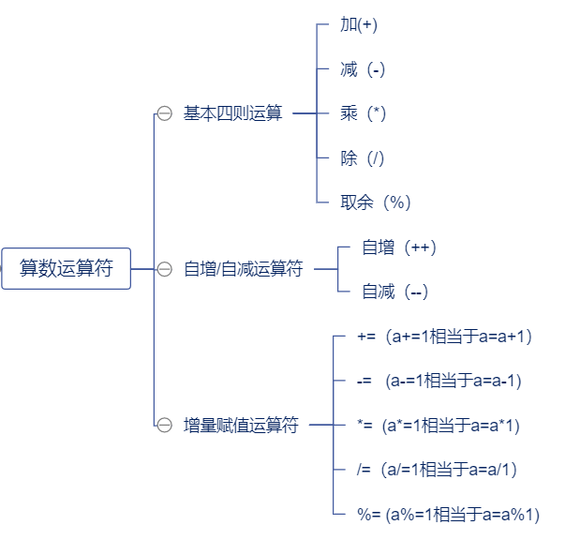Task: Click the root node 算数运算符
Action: pyautogui.click(x=66, y=269)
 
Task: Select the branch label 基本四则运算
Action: pyautogui.click(x=232, y=113)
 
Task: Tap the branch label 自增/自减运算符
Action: pyautogui.click(x=243, y=269)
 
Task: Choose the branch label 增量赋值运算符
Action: pyautogui.click(x=241, y=426)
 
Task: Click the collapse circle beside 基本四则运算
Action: pyautogui.click(x=165, y=113)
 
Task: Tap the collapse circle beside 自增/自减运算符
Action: pyautogui.click(x=165, y=269)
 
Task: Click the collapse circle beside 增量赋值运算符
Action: pyautogui.click(x=165, y=426)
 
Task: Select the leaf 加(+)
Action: pyautogui.click(x=359, y=24)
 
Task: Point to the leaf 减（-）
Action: pyautogui.click(x=363, y=69)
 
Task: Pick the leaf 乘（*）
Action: pyautogui.click(x=364, y=113)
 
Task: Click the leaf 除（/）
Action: pyautogui.click(x=363, y=158)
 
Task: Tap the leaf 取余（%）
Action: pyautogui.click(x=375, y=202)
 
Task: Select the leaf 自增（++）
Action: pyautogui.click(x=399, y=247)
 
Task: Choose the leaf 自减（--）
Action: pyautogui.click(x=394, y=292)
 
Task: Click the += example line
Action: pyautogui.click(x=445, y=336)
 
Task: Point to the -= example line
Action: pyautogui.click(x=439, y=381)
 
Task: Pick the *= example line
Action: pyautogui.click(x=438, y=426)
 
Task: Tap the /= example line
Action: pyautogui.click(x=437, y=470)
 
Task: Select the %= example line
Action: pyautogui.click(x=448, y=515)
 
